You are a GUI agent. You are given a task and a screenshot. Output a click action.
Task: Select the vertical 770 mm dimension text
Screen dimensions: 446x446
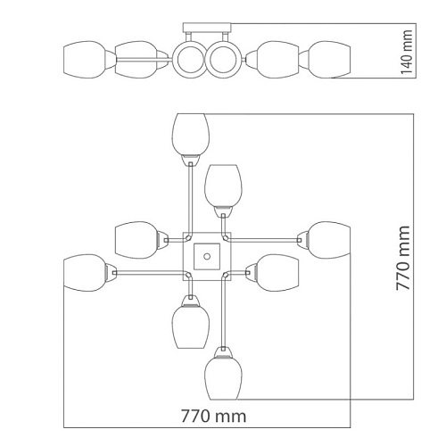pyautogui.click(x=403, y=258)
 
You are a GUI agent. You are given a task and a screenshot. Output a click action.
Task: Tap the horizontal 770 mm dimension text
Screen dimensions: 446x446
pyautogui.click(x=214, y=416)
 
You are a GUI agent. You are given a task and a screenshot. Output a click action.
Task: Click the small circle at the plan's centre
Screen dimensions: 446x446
pyautogui.click(x=207, y=256)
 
